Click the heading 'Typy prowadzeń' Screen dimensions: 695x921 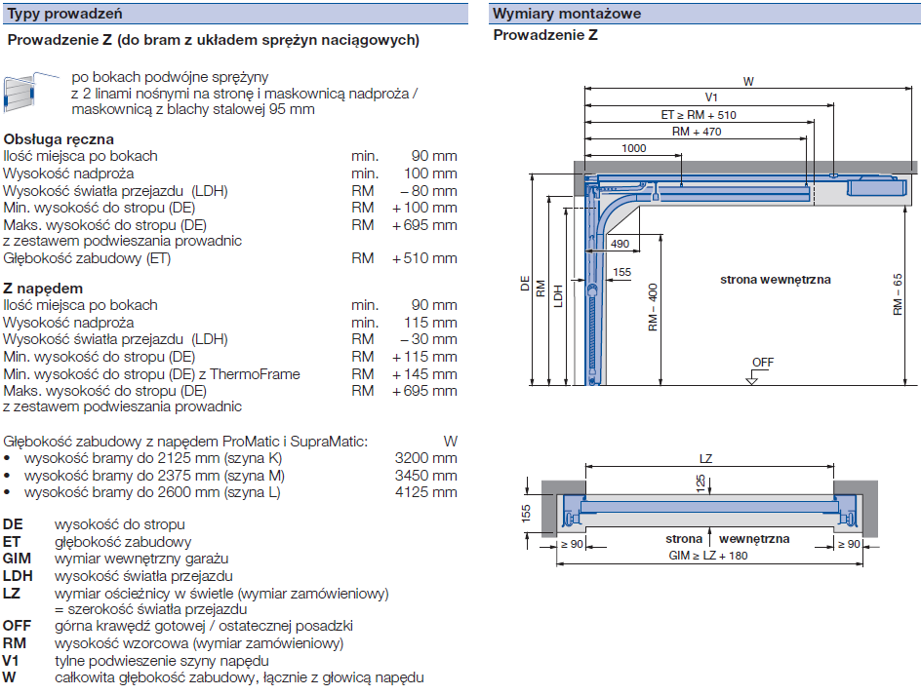(x=64, y=13)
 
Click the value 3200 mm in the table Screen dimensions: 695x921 (x=425, y=458)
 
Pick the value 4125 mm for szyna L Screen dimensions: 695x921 (x=425, y=492)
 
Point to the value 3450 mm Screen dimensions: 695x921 (x=425, y=476)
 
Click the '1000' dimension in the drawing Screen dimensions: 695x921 (x=633, y=148)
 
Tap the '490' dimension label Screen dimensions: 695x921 (x=620, y=244)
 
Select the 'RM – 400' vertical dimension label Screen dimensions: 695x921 (x=653, y=307)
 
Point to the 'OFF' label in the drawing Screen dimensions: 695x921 (x=762, y=363)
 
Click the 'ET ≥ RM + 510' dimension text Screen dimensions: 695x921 (x=699, y=115)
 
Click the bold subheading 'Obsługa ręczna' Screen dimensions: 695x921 (x=59, y=139)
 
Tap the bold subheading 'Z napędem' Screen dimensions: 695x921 (x=43, y=289)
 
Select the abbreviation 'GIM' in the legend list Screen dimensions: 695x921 (x=18, y=559)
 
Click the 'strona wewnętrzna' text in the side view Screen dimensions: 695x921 (x=776, y=280)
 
